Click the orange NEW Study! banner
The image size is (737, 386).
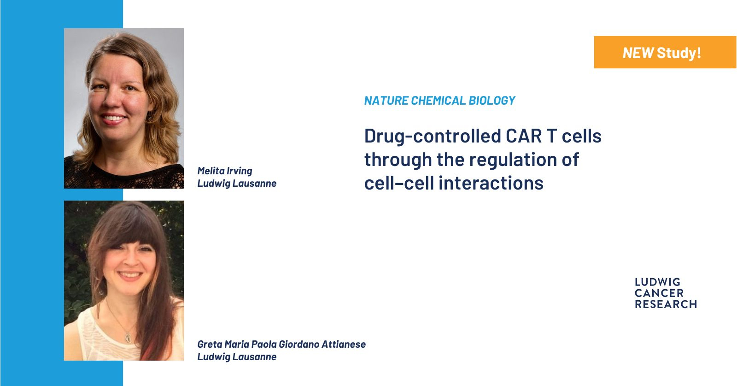pos(665,52)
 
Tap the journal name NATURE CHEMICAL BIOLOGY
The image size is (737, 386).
pos(439,101)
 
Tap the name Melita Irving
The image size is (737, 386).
pos(225,171)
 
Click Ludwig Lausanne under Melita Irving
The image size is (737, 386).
pos(237,183)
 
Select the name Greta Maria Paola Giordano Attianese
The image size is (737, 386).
pos(281,344)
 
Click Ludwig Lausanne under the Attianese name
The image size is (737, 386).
pos(237,356)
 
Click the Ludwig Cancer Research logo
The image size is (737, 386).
pos(666,293)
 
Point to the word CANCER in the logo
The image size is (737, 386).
pos(659,293)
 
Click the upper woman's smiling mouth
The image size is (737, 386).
pos(112,119)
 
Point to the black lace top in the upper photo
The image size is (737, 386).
pos(124,176)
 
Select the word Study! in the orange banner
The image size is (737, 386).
pos(679,53)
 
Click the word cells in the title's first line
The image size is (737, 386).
pos(582,136)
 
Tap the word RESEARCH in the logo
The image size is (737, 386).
pos(666,304)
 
